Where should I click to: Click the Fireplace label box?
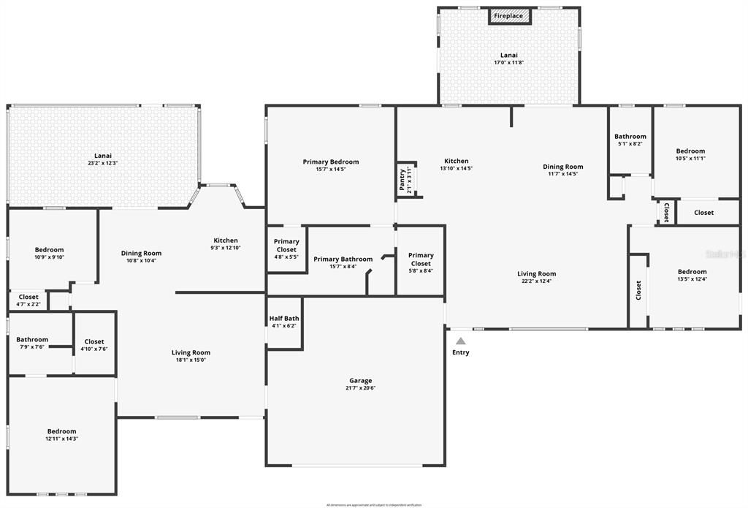(x=508, y=16)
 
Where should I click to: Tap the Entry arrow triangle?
(x=461, y=341)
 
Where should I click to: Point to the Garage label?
(x=360, y=381)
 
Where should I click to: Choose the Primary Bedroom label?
(x=331, y=162)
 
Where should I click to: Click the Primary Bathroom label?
(x=343, y=259)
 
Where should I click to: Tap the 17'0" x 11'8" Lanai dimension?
(x=508, y=63)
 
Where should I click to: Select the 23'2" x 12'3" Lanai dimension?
(x=103, y=163)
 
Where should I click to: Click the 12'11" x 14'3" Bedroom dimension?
(x=61, y=439)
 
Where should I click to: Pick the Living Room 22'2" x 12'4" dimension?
(x=537, y=281)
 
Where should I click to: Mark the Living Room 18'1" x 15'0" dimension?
(x=191, y=360)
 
